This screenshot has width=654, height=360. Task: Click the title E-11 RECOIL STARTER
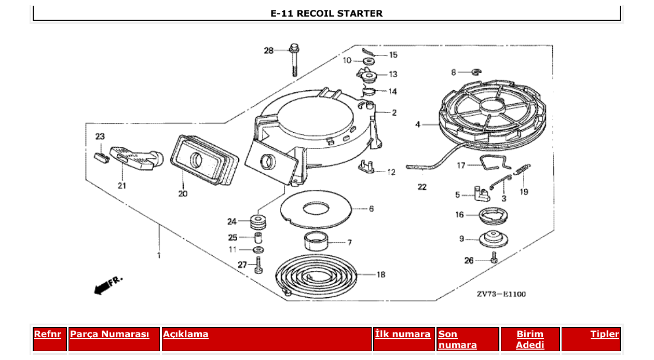326,13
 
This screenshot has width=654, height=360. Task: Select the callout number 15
393,55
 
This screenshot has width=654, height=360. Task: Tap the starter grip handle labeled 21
136,157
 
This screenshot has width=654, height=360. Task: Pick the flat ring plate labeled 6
316,210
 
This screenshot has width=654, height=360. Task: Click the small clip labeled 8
476,72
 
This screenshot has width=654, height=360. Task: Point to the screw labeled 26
494,257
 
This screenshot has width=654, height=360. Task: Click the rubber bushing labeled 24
257,223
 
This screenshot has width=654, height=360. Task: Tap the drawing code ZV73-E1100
501,294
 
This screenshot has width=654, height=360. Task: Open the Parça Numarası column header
110,335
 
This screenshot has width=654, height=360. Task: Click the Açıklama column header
186,335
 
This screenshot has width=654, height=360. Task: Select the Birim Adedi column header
530,340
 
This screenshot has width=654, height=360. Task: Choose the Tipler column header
605,335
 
